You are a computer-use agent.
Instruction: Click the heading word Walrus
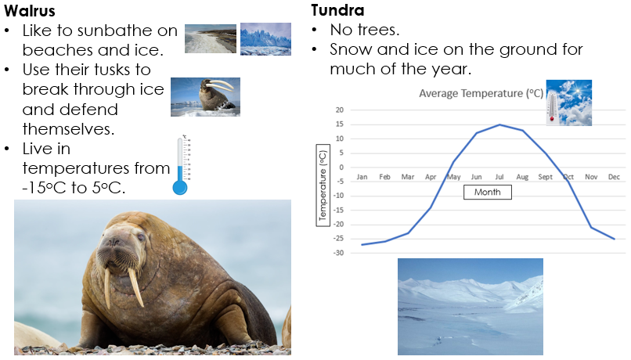[30, 11]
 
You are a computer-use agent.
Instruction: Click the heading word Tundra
[337, 10]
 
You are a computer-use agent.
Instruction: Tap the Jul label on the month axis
[499, 177]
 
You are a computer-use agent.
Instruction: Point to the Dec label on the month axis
[614, 177]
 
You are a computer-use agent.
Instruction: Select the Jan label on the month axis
[362, 177]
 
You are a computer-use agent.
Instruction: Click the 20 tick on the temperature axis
[340, 110]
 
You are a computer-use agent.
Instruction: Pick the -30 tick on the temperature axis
[339, 253]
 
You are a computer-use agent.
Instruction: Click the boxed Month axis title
[487, 192]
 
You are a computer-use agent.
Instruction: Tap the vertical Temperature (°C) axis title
[323, 185]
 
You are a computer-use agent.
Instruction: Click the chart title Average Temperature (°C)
[481, 93]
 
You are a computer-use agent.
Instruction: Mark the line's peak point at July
[499, 124]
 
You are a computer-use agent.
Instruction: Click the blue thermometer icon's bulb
[180, 188]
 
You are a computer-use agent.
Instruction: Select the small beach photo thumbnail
[211, 38]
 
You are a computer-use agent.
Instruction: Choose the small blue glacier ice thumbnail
[265, 39]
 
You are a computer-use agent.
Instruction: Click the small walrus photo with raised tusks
[205, 97]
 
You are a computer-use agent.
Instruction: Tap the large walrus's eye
[140, 237]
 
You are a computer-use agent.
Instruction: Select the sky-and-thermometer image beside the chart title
[569, 103]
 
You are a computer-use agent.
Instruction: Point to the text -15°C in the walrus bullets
[44, 188]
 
